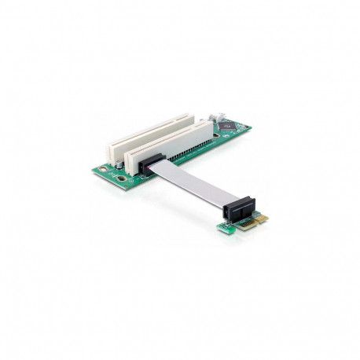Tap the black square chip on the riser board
(227, 125)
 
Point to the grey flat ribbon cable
(189, 182)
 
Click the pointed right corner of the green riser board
(250, 126)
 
